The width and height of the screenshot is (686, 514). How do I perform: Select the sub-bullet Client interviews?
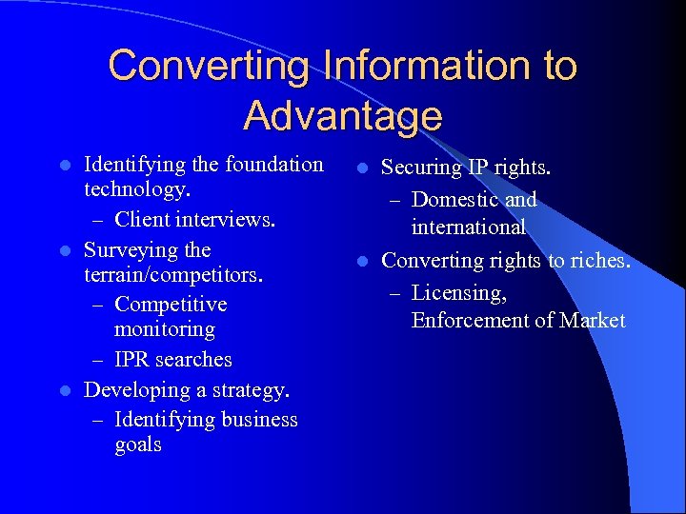pos(194,219)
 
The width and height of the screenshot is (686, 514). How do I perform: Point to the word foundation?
pos(275,164)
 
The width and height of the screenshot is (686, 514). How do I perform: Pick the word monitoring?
pos(164,329)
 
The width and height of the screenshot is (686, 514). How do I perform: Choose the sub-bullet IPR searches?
pos(172,359)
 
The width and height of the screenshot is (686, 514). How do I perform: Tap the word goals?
pos(137,445)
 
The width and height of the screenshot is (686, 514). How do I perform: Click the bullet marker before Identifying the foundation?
pos(64,166)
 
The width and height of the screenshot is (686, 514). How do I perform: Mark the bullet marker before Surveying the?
pos(64,251)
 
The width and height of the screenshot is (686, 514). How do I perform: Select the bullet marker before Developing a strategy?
pos(64,391)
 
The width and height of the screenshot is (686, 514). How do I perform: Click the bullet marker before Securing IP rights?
pos(361,168)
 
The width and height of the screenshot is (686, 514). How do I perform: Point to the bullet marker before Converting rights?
pos(361,262)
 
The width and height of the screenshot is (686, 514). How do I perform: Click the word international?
pos(468,227)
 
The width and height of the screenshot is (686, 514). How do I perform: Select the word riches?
pos(598,260)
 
